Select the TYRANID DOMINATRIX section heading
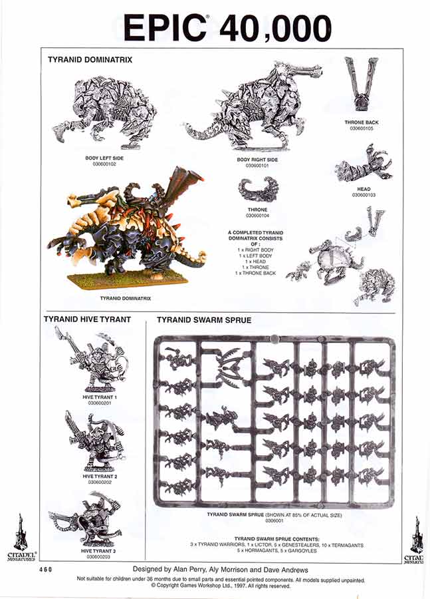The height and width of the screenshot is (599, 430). pos(90,59)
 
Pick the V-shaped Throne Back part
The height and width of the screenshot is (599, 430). pos(361,84)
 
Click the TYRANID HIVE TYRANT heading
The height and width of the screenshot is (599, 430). pos(87,319)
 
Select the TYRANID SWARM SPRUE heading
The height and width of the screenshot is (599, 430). pos(203,320)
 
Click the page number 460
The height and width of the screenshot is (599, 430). pos(45,570)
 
